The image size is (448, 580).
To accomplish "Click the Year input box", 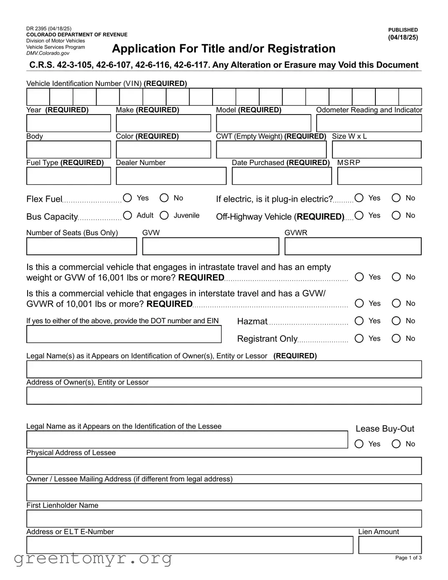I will (x=68, y=124).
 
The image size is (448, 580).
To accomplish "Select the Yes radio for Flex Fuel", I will (x=128, y=198).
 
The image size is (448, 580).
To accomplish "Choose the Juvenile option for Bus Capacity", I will (x=165, y=215).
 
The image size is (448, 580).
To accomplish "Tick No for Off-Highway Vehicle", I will (x=396, y=215).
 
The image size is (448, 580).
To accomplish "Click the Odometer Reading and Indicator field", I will (x=369, y=124).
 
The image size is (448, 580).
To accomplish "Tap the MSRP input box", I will (x=379, y=176).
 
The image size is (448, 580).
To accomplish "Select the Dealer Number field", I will (x=171, y=176).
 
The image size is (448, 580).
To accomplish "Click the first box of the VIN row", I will (x=38, y=97).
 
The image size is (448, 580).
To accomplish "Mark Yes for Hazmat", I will (x=359, y=321).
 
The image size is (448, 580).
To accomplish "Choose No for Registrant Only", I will (x=396, y=338).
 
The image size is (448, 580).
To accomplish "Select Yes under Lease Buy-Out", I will (x=359, y=444).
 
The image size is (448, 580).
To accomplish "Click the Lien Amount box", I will (x=390, y=545).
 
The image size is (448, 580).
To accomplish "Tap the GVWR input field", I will (x=353, y=247).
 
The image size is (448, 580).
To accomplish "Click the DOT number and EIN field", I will (x=124, y=334).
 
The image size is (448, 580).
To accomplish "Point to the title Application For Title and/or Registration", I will (x=223, y=49).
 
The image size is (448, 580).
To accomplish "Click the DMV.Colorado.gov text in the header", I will (x=48, y=53).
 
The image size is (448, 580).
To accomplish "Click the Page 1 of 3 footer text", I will (x=408, y=558).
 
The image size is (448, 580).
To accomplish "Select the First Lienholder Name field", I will (x=224, y=519).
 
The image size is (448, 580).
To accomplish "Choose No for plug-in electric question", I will (x=396, y=198).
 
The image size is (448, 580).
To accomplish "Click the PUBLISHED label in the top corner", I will (x=403, y=30).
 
